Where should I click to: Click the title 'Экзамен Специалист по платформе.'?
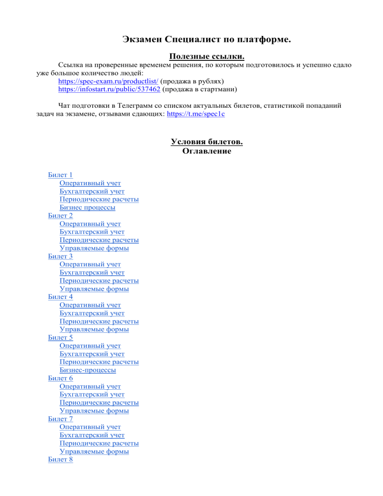tap(206, 40)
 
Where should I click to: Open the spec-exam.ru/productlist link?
tap(108, 80)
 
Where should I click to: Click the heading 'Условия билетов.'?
tap(206, 142)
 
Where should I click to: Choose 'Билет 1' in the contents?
tap(60, 175)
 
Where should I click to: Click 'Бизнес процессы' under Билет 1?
tap(87, 207)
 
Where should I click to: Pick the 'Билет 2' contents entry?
tap(60, 216)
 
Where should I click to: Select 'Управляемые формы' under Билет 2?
tap(94, 248)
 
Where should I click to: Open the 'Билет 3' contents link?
tap(60, 256)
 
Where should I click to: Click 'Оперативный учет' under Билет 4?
tap(90, 305)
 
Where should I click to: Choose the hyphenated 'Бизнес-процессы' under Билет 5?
tap(87, 371)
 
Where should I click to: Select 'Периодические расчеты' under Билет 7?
tap(99, 443)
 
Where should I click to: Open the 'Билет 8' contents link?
tap(60, 460)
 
